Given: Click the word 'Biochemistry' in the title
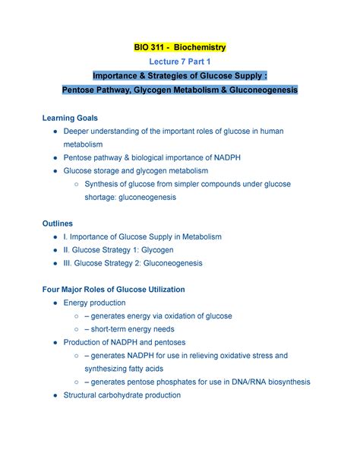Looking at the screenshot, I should [x=198, y=48].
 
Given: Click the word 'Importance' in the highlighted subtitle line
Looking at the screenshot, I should [x=117, y=76].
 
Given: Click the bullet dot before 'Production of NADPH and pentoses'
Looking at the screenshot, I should [x=58, y=343].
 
